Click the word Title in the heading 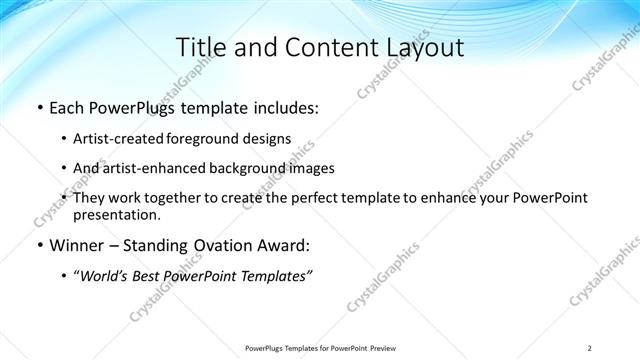pyautogui.click(x=199, y=47)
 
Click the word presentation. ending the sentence pyautogui.click(x=116, y=215)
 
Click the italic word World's pyautogui.click(x=106, y=277)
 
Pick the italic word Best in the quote pyautogui.click(x=153, y=277)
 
